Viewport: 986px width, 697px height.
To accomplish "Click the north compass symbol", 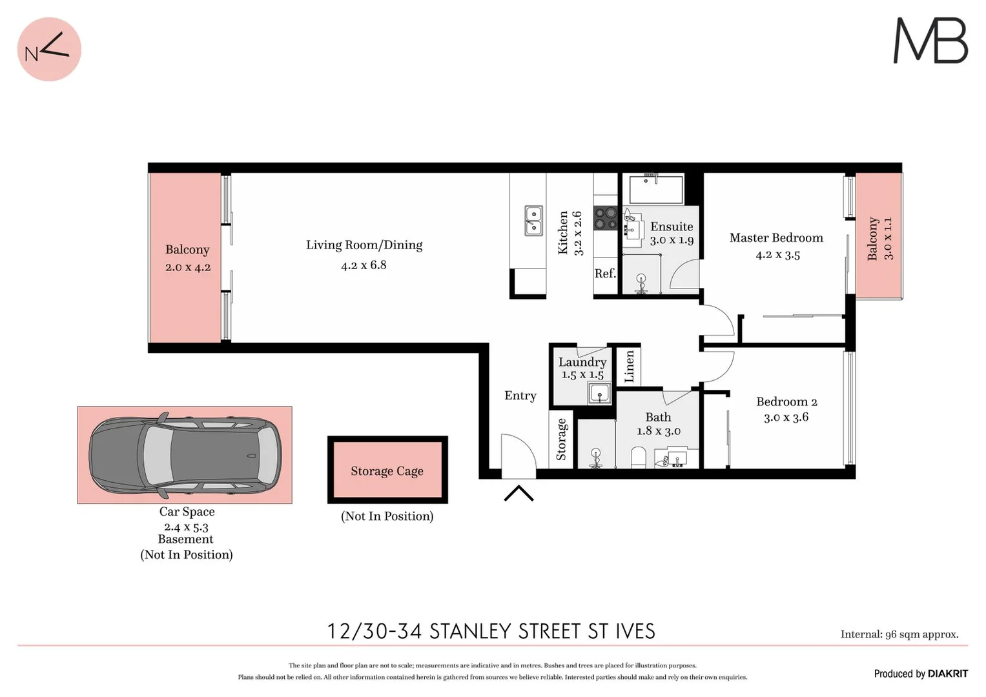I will pos(49,49).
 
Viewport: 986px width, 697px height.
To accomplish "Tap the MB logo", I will pos(930,41).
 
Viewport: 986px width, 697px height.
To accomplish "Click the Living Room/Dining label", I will pos(364,245).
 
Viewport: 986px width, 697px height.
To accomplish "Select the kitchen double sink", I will pos(533,221).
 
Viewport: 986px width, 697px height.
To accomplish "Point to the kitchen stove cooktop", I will pos(606,218).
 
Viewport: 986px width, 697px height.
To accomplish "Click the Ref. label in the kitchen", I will pos(605,274).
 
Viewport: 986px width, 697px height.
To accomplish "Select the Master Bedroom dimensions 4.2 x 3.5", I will pos(777,255).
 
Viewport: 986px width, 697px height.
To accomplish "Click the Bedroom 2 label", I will pos(786,401).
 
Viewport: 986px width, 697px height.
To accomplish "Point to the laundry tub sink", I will pos(599,392).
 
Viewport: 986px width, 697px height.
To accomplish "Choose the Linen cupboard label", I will pos(630,366).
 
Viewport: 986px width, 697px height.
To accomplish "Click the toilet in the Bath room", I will pos(638,457).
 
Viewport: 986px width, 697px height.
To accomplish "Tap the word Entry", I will pos(520,396).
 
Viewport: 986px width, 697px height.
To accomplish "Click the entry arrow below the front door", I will pos(519,494).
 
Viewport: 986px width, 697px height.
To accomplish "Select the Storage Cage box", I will pos(387,470).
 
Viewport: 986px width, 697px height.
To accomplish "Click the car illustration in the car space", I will pos(185,455).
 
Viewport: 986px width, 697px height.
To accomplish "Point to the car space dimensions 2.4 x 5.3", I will pos(186,527).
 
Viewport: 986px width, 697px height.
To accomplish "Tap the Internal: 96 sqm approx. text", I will pos(899,634).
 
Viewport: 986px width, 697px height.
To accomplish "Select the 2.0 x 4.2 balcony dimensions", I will pos(188,267).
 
